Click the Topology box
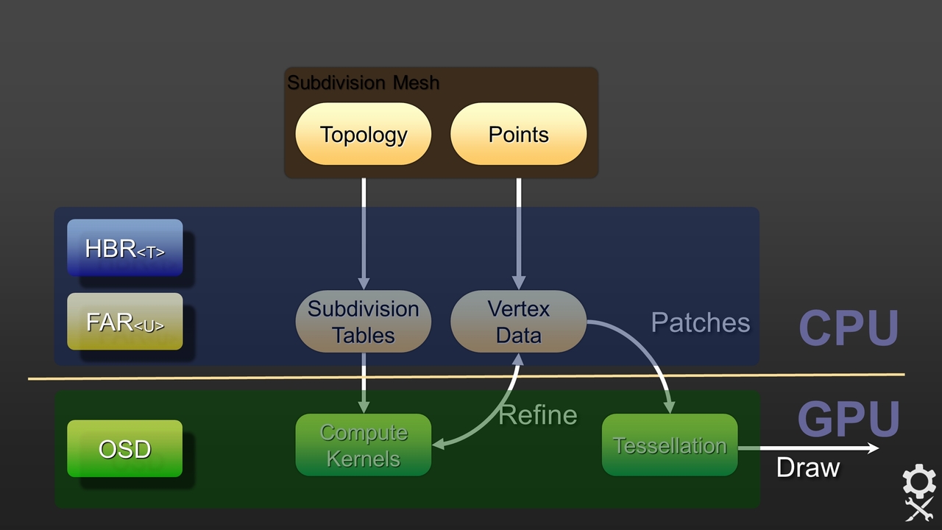pos(363,134)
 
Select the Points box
pos(518,134)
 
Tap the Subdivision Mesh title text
pos(363,82)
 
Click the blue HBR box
pos(125,248)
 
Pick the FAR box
pos(125,322)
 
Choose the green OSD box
pos(125,448)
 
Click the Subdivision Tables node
pos(363,322)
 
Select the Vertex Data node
pos(518,322)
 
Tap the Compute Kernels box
pos(363,445)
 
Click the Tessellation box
pos(670,445)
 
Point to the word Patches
pos(700,322)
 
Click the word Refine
pos(537,415)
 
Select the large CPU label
pos(849,328)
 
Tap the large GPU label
pos(849,420)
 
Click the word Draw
pos(807,467)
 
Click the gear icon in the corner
pos(919,482)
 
